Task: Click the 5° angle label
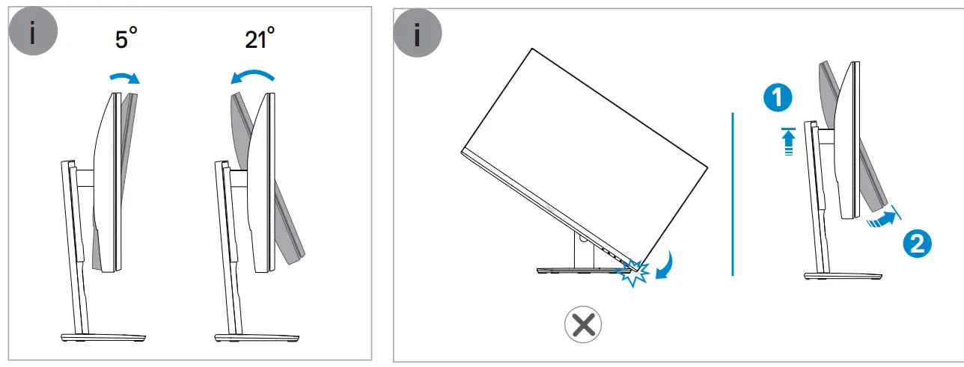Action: tap(126, 40)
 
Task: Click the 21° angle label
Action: tap(260, 40)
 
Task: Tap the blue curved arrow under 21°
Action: tap(251, 75)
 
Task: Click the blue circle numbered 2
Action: tap(918, 244)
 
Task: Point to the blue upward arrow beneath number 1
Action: tap(787, 141)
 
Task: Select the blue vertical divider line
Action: tap(733, 194)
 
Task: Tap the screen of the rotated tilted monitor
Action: tap(584, 149)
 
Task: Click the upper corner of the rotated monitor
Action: tap(531, 50)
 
